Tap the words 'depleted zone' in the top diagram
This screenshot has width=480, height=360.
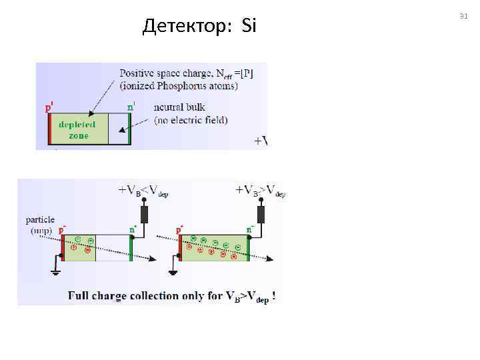(78, 130)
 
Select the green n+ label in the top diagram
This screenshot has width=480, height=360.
(131, 106)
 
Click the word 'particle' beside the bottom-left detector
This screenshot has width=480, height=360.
(40, 219)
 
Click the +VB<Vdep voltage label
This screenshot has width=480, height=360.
(143, 190)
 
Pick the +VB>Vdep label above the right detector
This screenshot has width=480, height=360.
(261, 190)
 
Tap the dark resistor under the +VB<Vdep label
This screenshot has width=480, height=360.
(143, 214)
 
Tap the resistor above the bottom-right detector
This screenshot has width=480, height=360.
(261, 214)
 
